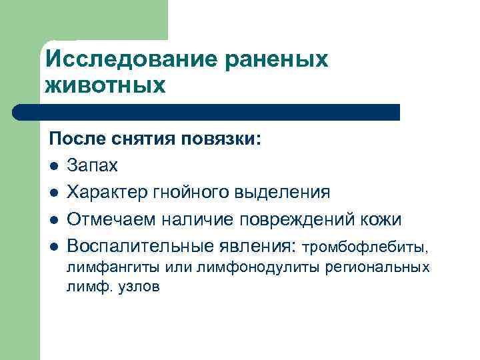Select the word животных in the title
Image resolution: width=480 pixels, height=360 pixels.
(105, 85)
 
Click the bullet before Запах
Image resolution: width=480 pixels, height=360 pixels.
(53, 167)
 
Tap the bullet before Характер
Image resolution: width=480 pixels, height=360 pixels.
(53, 193)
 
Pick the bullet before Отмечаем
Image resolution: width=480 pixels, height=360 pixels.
(53, 219)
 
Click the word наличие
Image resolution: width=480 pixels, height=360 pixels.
(201, 219)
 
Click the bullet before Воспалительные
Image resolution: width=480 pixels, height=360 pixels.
(53, 245)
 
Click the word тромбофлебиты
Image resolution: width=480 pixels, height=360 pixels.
(367, 247)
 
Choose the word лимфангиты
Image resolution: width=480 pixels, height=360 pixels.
(104, 268)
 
